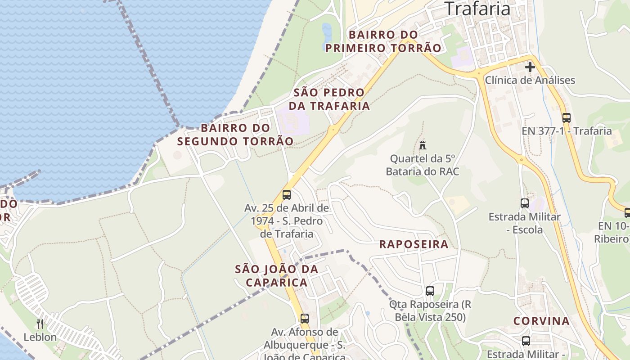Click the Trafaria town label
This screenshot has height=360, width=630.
(477, 8)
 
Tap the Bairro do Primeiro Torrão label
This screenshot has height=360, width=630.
(383, 41)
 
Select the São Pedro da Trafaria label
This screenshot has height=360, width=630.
(329, 99)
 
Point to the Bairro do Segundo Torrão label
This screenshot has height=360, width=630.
(235, 134)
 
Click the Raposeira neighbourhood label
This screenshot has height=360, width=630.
(414, 244)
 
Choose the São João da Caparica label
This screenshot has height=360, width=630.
(277, 275)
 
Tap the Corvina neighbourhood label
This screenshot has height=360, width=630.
(541, 321)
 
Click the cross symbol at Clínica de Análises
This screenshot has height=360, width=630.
(530, 67)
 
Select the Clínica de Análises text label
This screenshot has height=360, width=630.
(530, 81)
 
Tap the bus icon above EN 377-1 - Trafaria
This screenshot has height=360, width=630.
(566, 118)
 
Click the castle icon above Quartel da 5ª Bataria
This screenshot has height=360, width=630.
(422, 145)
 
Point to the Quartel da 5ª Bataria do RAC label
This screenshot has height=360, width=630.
(422, 165)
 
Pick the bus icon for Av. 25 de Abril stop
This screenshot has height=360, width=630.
(286, 195)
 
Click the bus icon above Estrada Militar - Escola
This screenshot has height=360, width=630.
(524, 203)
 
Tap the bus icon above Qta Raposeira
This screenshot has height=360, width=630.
(430, 291)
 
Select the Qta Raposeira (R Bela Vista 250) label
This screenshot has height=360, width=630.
(430, 310)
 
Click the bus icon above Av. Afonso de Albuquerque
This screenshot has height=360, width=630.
(304, 319)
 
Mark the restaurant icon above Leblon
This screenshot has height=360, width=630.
(40, 324)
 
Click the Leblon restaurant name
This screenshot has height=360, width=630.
(40, 337)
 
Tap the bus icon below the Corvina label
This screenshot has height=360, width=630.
(526, 341)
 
